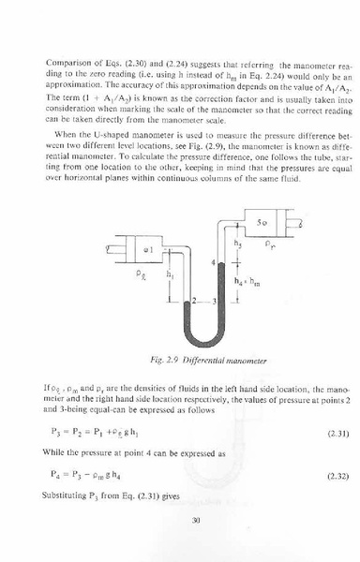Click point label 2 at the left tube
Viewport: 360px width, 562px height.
[x=190, y=302]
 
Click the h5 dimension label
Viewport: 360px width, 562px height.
[x=238, y=243]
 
